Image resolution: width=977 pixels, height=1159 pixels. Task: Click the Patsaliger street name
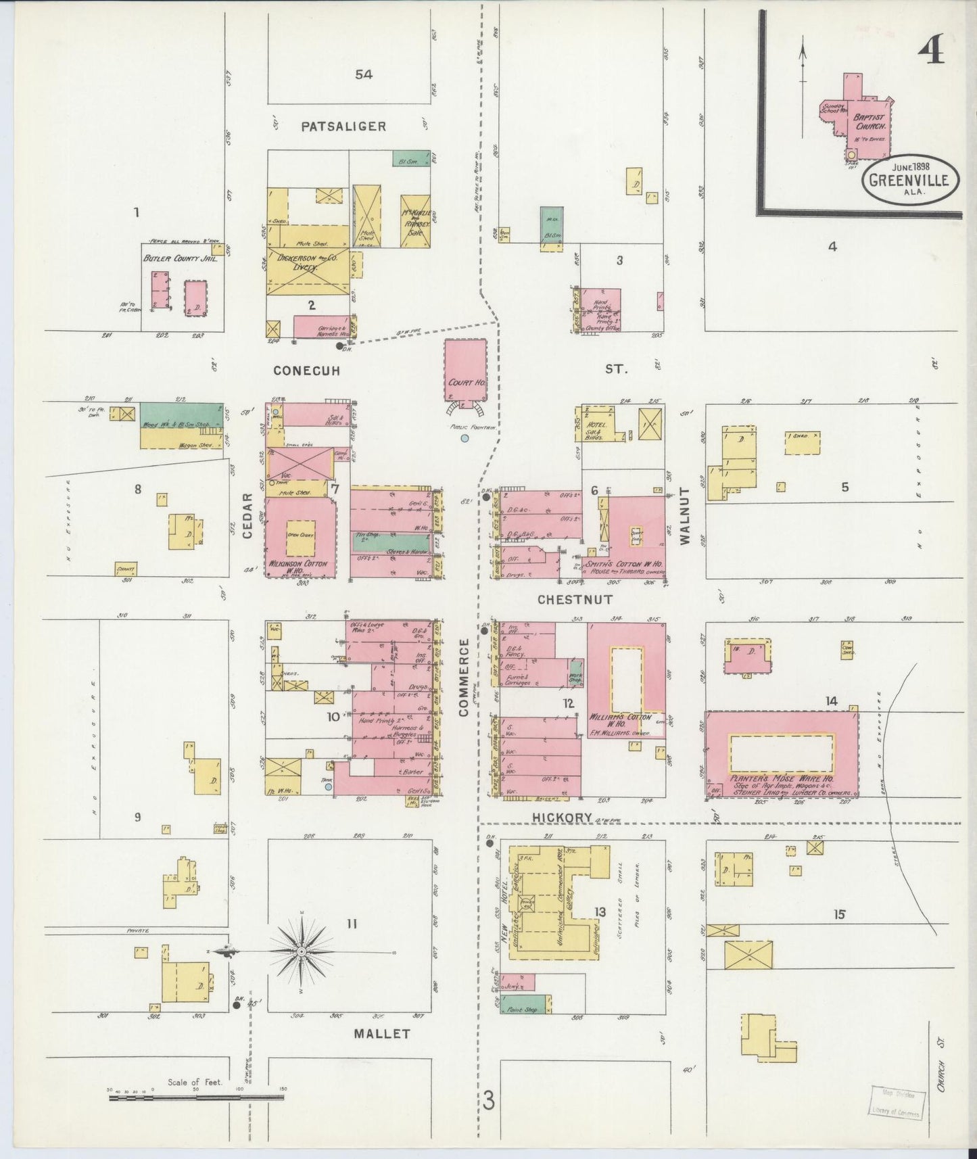343,126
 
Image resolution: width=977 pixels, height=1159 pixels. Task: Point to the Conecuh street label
306,371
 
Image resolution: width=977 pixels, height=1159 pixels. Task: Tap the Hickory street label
562,818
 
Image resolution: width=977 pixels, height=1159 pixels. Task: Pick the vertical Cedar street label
247,516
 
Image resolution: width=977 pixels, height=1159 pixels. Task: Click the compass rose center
302,952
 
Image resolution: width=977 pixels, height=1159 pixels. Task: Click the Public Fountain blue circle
464,439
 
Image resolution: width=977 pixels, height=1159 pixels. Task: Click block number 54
364,74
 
